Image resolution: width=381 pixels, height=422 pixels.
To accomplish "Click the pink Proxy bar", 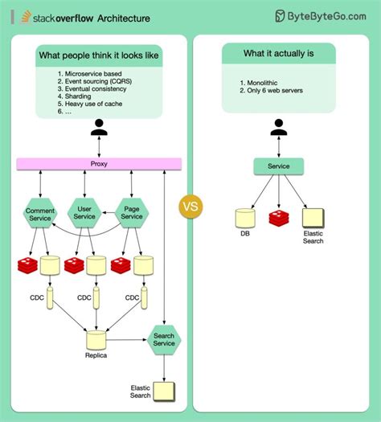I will pos(100,164).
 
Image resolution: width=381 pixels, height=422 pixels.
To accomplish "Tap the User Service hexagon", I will pos(84,212).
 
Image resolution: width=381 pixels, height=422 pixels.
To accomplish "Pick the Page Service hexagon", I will pos(131,212).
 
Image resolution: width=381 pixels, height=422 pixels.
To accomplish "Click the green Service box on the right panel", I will pos(279,166).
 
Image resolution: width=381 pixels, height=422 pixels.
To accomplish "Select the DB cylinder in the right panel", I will pos(244,217).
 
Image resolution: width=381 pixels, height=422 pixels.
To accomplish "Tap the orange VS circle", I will pos(191,206).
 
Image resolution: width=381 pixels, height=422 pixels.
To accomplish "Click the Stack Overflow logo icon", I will pos(27,16).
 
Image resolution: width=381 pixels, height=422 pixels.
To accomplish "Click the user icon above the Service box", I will pos(279,128).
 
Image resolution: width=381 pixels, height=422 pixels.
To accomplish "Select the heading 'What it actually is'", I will pos(278,54).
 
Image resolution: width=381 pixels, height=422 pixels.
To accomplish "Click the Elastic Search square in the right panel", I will pos(313,217).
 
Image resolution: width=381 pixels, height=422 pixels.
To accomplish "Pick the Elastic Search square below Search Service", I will pos(164,391).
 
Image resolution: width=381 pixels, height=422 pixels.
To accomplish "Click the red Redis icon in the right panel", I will pos(279,217).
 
